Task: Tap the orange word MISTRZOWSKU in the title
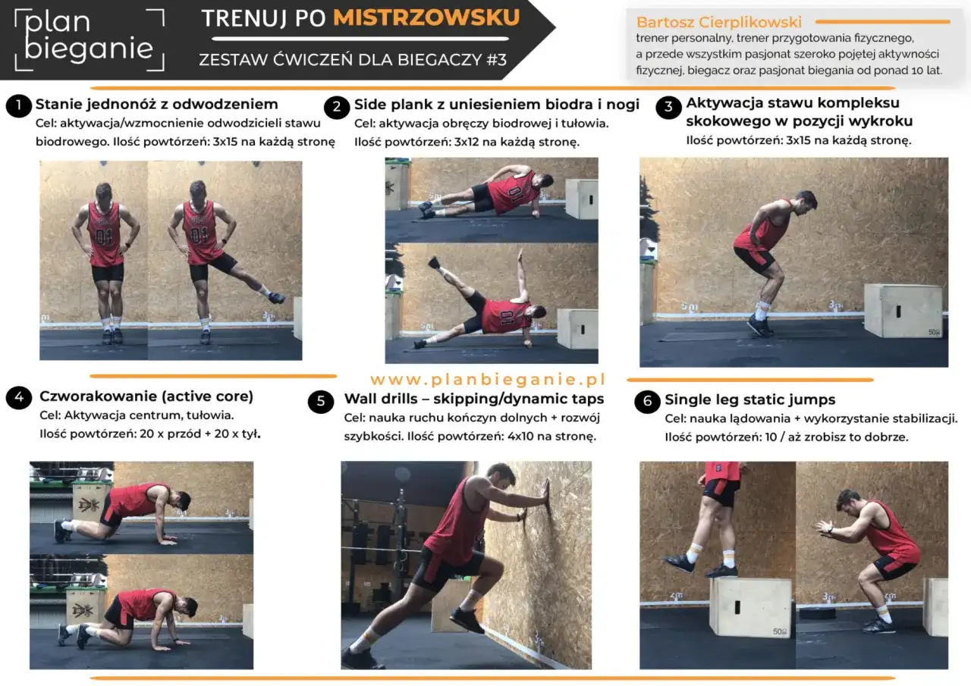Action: pos(426,17)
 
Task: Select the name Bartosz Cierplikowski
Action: pos(719,22)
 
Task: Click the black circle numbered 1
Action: pos(18,105)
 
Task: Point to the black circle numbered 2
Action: pos(336,106)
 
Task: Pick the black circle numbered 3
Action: pos(668,107)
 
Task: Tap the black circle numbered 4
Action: pos(19,398)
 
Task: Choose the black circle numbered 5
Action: pos(321,401)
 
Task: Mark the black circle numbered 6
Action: pos(647,402)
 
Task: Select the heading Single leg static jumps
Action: pos(749,399)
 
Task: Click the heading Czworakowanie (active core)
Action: pos(146,396)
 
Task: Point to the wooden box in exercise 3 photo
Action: pos(903,310)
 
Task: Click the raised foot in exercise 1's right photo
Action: pos(275,297)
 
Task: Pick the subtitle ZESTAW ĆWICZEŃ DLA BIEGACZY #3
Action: pos(353,59)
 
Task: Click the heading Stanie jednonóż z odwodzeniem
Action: pos(157,104)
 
